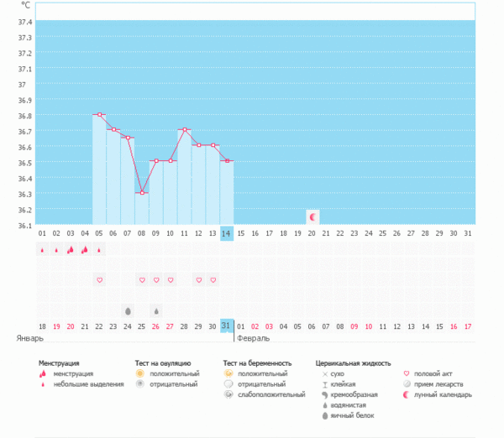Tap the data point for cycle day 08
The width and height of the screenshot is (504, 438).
coord(142,193)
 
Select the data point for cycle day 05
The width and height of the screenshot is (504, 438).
coord(99,114)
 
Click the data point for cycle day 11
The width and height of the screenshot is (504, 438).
coord(185,130)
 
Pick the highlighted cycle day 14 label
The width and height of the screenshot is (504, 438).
coord(227,233)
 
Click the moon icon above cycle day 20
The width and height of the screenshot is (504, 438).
coord(312,216)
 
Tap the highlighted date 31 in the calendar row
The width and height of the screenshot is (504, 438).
coord(227,326)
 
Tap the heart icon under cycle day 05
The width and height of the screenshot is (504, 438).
coord(99,279)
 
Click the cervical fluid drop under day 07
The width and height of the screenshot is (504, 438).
coord(128,310)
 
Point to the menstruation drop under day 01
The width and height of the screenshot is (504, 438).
coord(42,249)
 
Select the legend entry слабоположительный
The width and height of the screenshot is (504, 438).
coord(266,394)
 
